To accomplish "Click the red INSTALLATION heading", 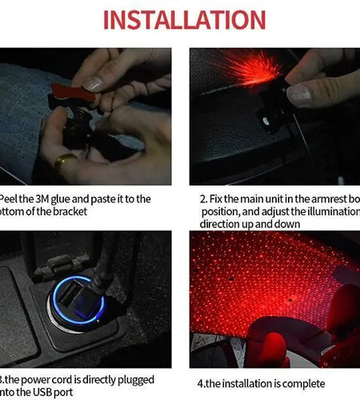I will [x=183, y=20].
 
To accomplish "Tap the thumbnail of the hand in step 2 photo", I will [x=299, y=95].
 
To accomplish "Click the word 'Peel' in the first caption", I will [x=10, y=198].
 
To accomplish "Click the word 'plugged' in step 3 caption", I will [x=133, y=380].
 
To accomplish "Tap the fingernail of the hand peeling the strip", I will [x=94, y=83].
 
